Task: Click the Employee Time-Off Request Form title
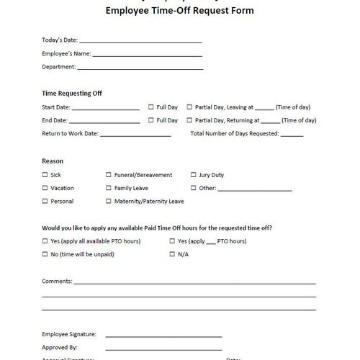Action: click(179, 11)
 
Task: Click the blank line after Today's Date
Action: click(140, 42)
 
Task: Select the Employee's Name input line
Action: click(147, 55)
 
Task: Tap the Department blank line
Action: click(140, 68)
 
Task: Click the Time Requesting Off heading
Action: click(72, 94)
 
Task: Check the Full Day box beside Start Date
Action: click(151, 107)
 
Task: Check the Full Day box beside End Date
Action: click(151, 120)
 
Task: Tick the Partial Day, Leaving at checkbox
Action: click(189, 107)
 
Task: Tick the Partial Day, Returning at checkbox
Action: click(189, 120)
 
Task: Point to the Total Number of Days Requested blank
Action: click(292, 135)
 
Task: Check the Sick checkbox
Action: click(45, 175)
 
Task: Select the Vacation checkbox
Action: click(45, 188)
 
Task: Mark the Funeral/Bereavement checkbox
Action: click(109, 175)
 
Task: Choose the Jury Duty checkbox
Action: click(194, 175)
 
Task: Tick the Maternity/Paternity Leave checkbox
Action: click(109, 202)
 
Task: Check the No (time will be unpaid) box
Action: click(45, 254)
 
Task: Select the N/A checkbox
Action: click(172, 254)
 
